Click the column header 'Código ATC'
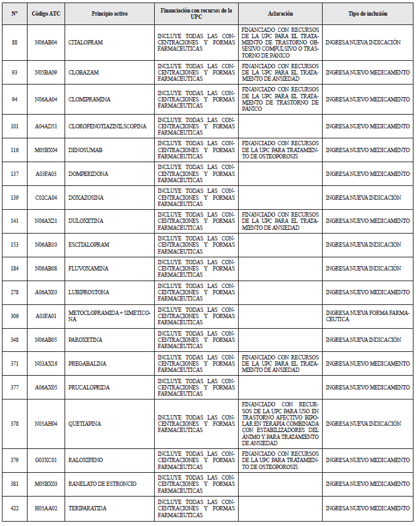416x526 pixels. pyautogui.click(x=46, y=13)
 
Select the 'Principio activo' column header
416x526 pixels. pyautogui.click(x=109, y=13)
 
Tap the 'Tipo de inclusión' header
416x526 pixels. pyautogui.click(x=367, y=13)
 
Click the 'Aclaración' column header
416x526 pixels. pyautogui.click(x=279, y=13)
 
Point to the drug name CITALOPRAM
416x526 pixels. pyautogui.click(x=86, y=42)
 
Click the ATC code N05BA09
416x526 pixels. pyautogui.click(x=46, y=72)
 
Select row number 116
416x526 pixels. pyautogui.click(x=14, y=150)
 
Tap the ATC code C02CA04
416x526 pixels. pyautogui.click(x=46, y=197)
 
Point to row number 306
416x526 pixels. pyautogui.click(x=14, y=316)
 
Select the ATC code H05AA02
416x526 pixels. pyautogui.click(x=46, y=507)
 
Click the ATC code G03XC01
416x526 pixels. pyautogui.click(x=46, y=460)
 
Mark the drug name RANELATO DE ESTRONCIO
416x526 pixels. pyautogui.click(x=102, y=484)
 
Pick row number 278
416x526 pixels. pyautogui.click(x=14, y=292)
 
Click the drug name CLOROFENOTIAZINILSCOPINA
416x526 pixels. pyautogui.click(x=107, y=126)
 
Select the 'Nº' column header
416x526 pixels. pyautogui.click(x=14, y=13)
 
